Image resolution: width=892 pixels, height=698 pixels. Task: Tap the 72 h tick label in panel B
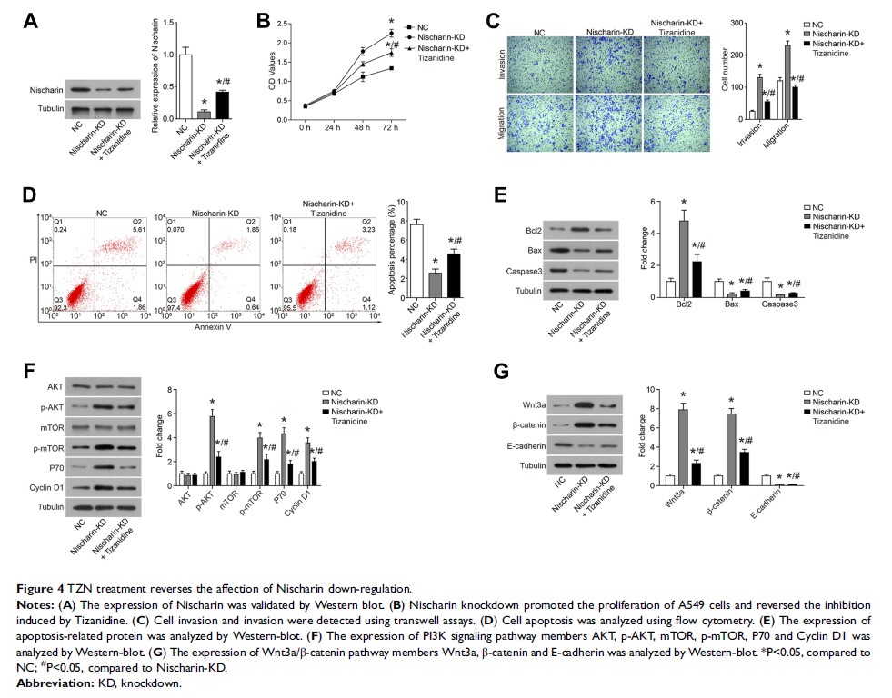pos(390,125)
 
